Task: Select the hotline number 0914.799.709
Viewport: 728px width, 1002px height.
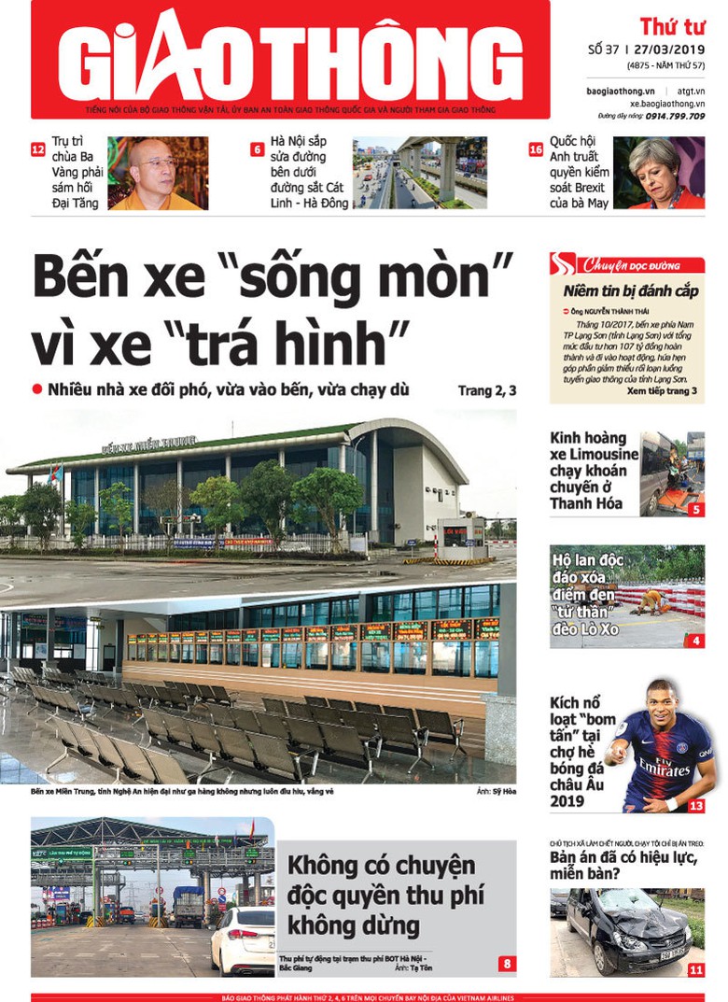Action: (679, 116)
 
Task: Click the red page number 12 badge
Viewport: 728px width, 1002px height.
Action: (38, 149)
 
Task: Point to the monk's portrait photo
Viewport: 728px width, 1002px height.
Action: (158, 173)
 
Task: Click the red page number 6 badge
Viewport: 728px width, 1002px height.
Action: (257, 149)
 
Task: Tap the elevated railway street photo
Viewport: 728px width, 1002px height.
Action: (419, 173)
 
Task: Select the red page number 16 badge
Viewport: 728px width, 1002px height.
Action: (536, 149)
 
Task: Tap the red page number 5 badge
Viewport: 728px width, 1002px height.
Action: (696, 510)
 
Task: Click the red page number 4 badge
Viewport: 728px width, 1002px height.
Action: (696, 641)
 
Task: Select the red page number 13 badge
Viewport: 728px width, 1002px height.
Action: (696, 805)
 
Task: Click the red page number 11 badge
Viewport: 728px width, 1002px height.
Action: (696, 970)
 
